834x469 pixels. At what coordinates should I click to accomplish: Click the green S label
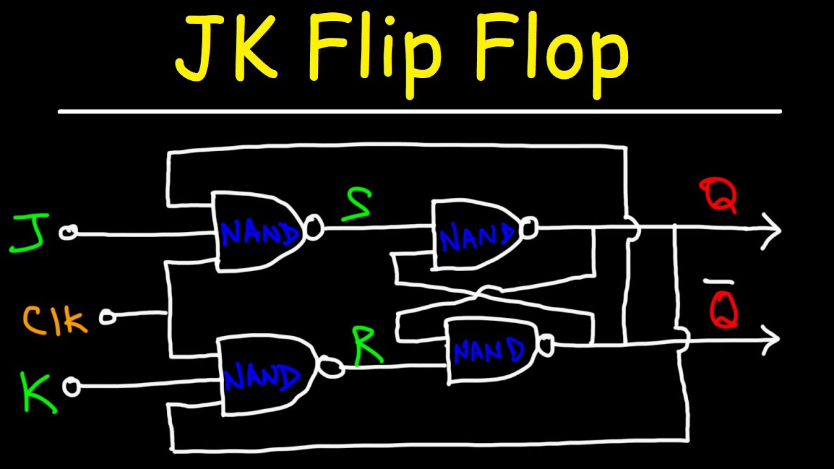[357, 205]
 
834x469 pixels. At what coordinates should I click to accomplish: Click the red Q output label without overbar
[719, 195]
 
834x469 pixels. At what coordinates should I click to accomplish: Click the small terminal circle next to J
[68, 233]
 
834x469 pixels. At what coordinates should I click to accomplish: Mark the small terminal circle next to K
[71, 388]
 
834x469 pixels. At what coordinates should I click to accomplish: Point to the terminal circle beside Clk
[108, 317]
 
